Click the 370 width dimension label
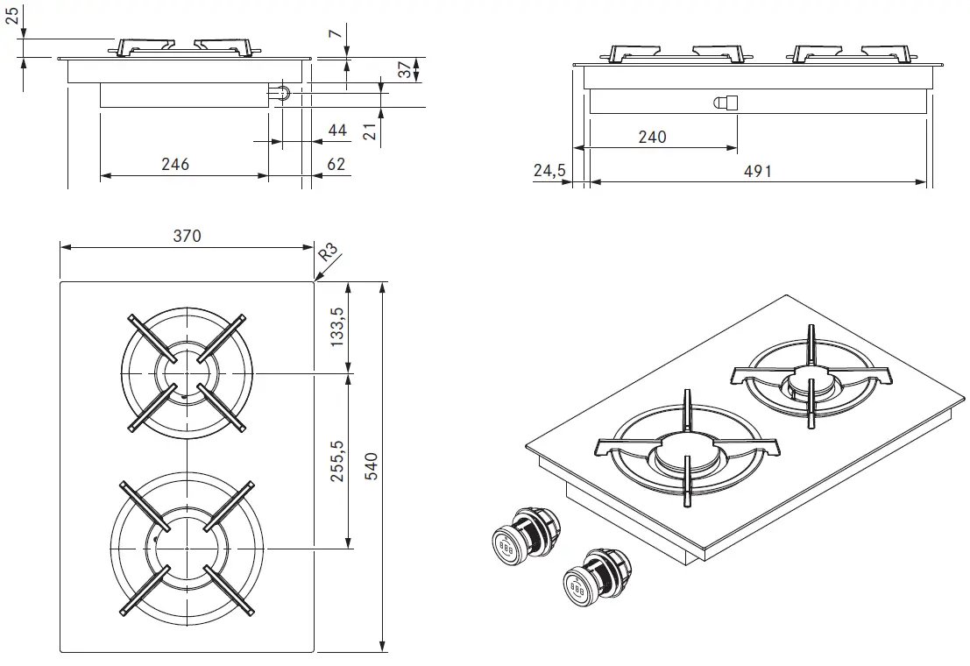click(x=187, y=236)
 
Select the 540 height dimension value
click(x=371, y=466)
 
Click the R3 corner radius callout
click(x=328, y=255)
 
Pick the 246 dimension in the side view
click(x=175, y=164)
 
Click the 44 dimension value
click(x=336, y=131)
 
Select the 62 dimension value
click(x=336, y=164)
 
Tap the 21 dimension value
click(x=369, y=131)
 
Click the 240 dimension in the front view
click(x=652, y=137)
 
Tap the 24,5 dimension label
click(x=549, y=171)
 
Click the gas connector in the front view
click(x=726, y=103)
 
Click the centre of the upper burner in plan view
click(x=187, y=373)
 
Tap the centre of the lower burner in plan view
click(x=187, y=548)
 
